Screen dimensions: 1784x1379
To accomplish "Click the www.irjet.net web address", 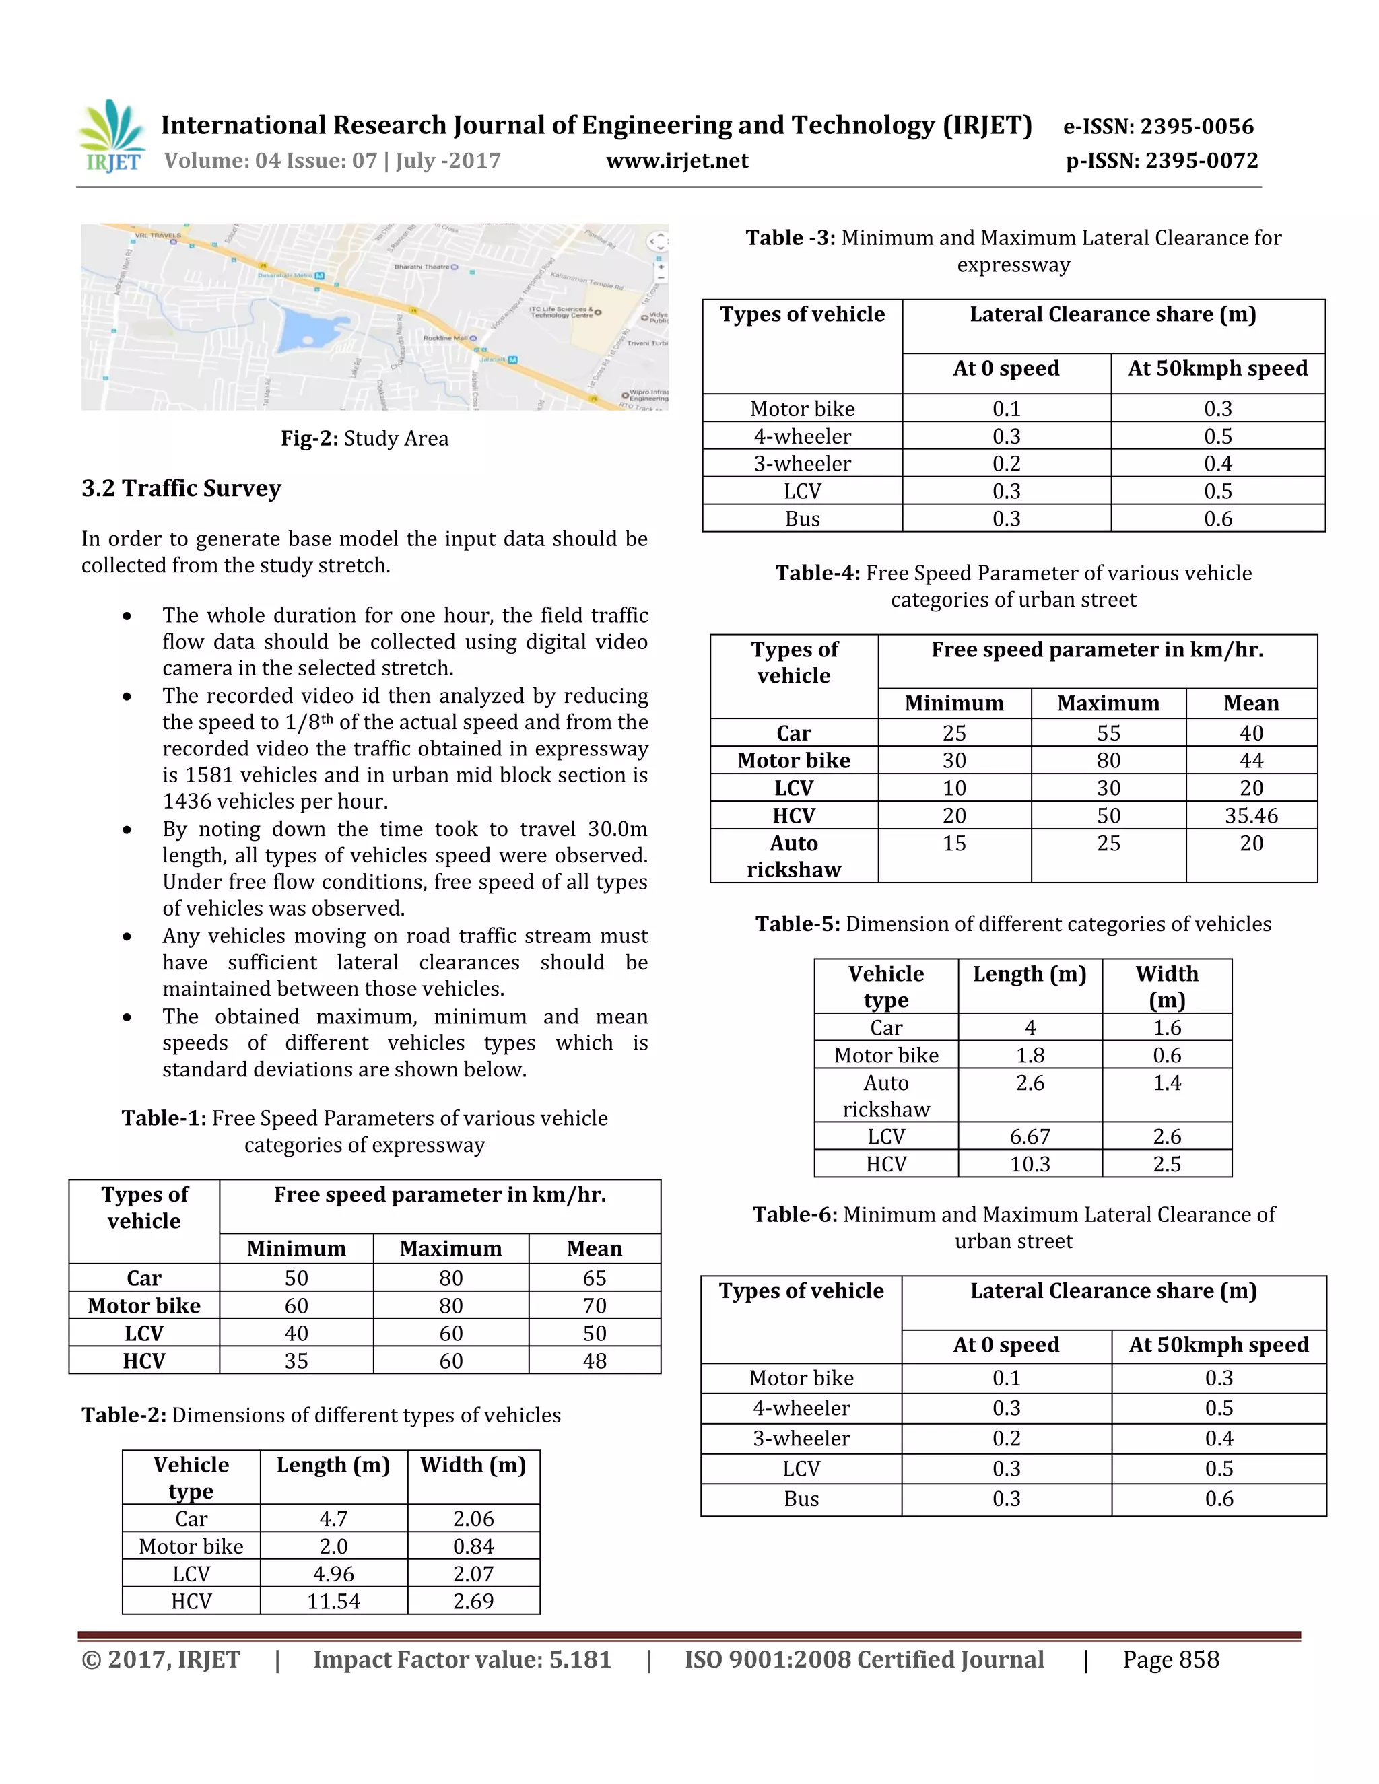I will coord(677,161).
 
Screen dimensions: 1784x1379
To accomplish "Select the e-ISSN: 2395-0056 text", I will coord(1157,127).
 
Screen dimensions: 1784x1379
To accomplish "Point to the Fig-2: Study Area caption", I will coord(364,439).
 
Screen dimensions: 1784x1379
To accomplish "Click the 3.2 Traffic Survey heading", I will coord(181,489).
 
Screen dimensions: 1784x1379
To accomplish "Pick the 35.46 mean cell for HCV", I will coord(1251,815).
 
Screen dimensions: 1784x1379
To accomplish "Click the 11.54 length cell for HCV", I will coord(333,1601).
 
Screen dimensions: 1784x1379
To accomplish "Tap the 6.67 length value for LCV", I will coord(1030,1136).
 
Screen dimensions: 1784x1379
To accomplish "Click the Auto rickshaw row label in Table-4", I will coord(793,856).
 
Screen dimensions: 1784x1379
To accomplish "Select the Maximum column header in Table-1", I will coord(450,1248).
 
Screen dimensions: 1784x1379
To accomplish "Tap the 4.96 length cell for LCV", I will coord(333,1573).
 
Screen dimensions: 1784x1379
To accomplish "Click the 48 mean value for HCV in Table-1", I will coord(594,1361).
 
